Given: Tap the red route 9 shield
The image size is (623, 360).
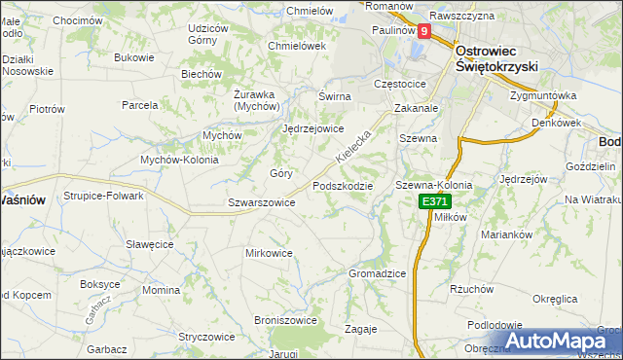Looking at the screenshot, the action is pyautogui.click(x=423, y=31).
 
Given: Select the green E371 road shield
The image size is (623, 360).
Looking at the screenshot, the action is pyautogui.click(x=434, y=201).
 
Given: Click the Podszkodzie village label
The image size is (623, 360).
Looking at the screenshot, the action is pyautogui.click(x=343, y=186).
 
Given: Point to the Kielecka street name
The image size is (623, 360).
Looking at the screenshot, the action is pyautogui.click(x=353, y=145).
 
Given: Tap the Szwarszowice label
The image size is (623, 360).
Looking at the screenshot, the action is pyautogui.click(x=261, y=203).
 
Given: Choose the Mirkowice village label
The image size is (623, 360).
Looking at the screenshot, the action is pyautogui.click(x=269, y=253).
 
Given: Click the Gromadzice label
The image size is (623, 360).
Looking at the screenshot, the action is pyautogui.click(x=377, y=274).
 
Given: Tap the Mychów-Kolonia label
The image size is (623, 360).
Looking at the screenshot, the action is pyautogui.click(x=181, y=159).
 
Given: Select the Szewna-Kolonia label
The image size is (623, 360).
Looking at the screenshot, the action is pyautogui.click(x=433, y=185).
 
